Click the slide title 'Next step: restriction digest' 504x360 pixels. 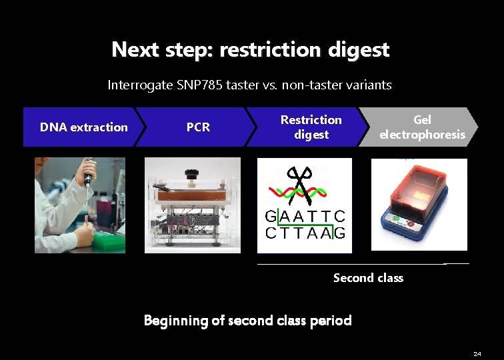[x=251, y=50]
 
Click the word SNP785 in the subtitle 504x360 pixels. [x=201, y=85]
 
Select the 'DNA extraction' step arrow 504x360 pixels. [x=83, y=127]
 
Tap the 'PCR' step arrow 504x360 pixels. [x=198, y=127]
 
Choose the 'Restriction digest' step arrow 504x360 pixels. [x=311, y=127]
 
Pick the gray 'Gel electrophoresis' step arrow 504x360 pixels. [x=421, y=127]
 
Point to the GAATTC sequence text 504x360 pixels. [x=305, y=217]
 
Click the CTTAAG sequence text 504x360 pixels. [x=305, y=233]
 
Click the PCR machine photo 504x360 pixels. [x=192, y=205]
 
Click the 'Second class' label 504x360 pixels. [x=368, y=278]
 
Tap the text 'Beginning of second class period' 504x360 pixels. [x=247, y=321]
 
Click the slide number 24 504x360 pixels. [x=477, y=353]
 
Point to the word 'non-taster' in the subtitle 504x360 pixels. [x=309, y=85]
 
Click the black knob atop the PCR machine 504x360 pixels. [x=192, y=173]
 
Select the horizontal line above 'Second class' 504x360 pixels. [x=363, y=264]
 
